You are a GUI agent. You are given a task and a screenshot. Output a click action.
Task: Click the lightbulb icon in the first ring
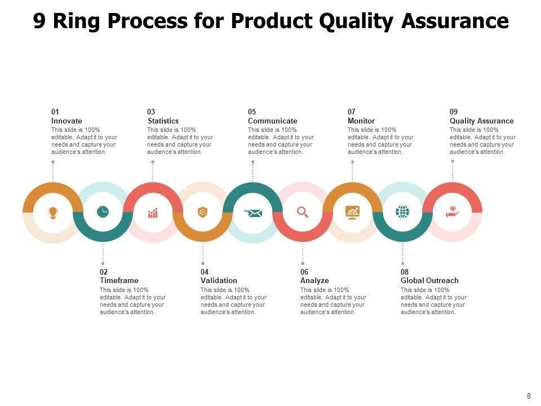pos(53,213)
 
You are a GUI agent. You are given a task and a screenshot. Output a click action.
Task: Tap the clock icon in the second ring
pos(103,211)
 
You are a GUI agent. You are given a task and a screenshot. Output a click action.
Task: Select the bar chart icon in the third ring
pos(153,213)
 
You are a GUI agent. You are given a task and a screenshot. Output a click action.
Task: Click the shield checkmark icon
pos(202,212)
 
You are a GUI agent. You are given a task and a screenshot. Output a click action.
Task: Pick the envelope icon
pos(253,213)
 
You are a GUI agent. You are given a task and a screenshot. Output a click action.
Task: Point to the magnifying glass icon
pos(303,212)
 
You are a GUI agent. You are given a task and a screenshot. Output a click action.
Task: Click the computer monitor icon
pos(353,213)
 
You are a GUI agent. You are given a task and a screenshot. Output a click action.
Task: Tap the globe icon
pos(402,211)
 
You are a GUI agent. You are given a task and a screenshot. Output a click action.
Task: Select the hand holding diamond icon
pos(453,211)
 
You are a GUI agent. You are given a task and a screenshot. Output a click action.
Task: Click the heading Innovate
pos(66,121)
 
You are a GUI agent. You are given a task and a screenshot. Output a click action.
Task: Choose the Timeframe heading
pos(119,280)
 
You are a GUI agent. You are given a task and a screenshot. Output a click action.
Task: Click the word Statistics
pos(163,121)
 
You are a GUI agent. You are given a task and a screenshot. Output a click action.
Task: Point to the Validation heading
pos(219,280)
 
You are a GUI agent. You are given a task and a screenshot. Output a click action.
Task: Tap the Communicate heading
pos(273,121)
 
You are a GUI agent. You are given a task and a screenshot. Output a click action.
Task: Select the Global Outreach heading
pos(429,280)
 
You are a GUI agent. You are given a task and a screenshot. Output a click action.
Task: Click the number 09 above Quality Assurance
pos(454,112)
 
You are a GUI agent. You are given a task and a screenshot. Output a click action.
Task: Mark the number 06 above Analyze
pos(304,272)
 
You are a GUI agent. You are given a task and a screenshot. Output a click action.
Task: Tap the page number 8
pos(529,396)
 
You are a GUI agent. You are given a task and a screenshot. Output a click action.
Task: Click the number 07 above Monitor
pos(352,112)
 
